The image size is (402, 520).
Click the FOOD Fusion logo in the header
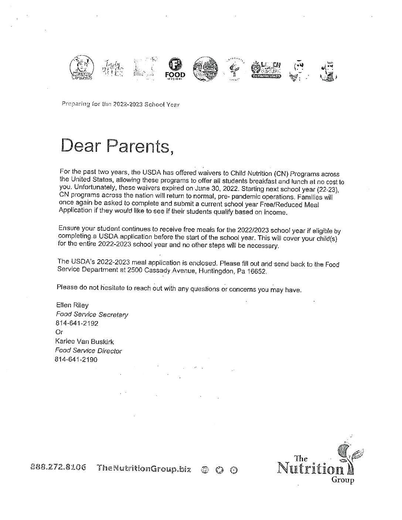(x=175, y=69)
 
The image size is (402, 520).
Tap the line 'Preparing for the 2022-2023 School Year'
(x=120, y=104)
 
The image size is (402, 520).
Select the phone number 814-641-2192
(x=77, y=323)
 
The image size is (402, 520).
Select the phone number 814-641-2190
(x=76, y=359)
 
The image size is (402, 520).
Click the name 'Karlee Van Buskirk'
(x=84, y=342)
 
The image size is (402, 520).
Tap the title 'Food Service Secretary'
(x=92, y=314)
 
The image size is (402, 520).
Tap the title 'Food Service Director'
(x=88, y=351)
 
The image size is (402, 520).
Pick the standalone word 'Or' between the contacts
(x=59, y=332)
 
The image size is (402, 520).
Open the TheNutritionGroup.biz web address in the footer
(x=144, y=469)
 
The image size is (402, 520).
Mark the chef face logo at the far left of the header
(x=82, y=68)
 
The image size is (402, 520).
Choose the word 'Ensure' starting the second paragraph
(x=69, y=228)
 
